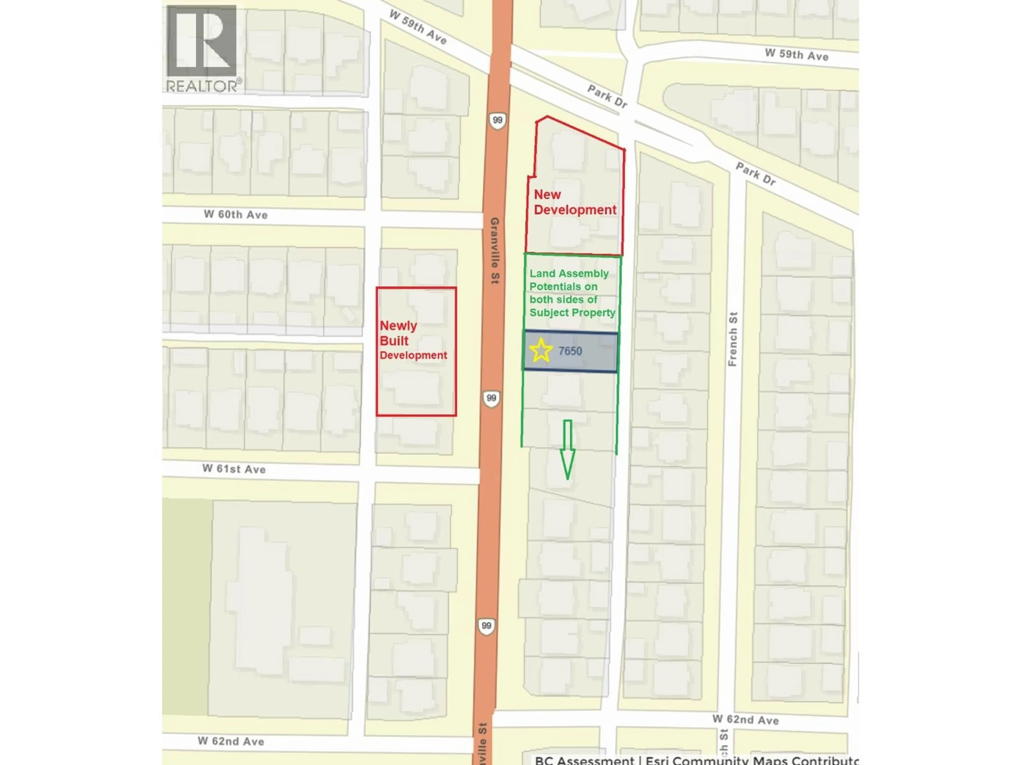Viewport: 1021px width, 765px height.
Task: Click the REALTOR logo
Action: tap(202, 48)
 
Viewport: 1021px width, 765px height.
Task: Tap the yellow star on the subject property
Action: tap(541, 350)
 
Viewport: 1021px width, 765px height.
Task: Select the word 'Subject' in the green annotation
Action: tap(548, 313)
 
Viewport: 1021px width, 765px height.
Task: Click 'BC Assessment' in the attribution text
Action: tap(584, 760)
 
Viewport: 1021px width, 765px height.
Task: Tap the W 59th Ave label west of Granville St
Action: tap(418, 28)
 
